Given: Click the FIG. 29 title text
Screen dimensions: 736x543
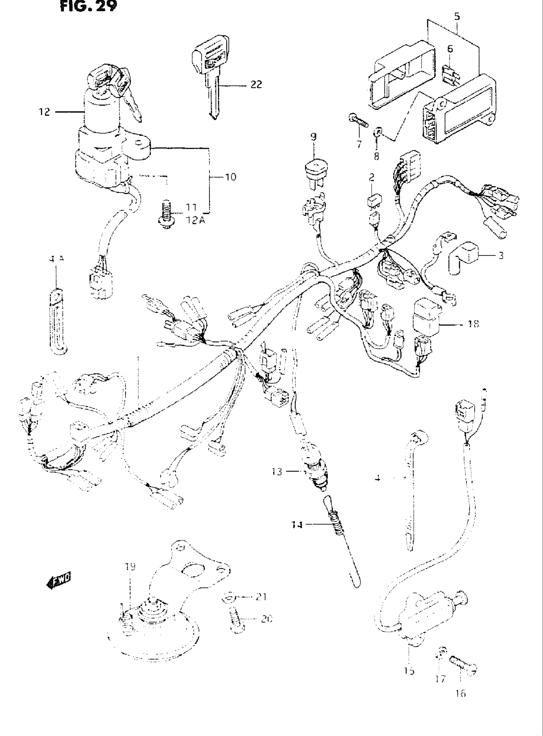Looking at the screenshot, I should [x=88, y=6].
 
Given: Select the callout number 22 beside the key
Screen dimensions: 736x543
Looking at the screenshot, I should [x=256, y=84].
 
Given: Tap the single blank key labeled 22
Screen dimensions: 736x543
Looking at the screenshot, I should [x=209, y=79].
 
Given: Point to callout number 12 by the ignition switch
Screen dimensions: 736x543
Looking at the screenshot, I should [x=44, y=112].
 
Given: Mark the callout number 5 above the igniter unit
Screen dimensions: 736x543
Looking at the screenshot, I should [x=457, y=16].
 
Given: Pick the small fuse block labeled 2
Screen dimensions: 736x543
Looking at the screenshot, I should [x=373, y=200].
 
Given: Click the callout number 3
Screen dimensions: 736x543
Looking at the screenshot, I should [x=501, y=255].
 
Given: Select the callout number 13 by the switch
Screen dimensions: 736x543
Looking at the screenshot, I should [x=277, y=472].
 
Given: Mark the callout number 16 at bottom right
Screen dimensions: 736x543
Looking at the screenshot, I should [x=461, y=693].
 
